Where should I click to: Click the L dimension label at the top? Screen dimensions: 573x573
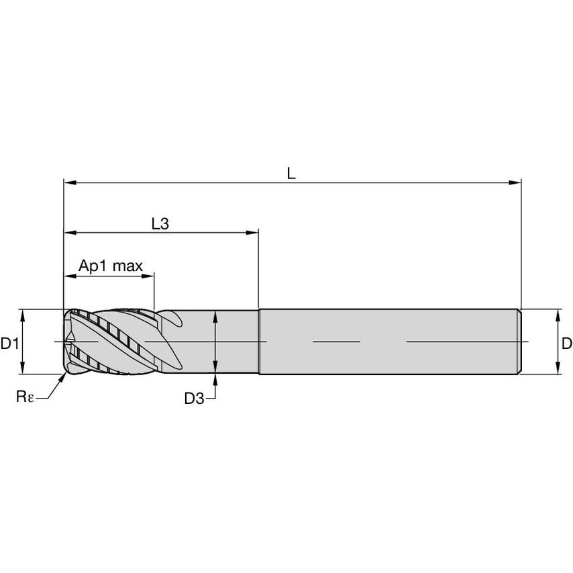pos(291,173)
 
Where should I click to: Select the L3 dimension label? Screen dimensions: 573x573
pos(160,223)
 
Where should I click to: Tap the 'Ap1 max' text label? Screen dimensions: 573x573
pos(111,266)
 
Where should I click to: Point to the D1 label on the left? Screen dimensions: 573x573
pos(9,344)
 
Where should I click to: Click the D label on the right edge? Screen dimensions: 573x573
pos(567,344)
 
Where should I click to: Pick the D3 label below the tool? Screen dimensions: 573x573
pos(194,399)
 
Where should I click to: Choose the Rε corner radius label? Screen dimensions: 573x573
pos(25,396)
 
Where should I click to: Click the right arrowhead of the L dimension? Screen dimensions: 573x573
pos(515,183)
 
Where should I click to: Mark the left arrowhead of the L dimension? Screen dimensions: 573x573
pos(70,183)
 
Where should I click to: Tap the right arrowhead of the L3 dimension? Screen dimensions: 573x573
pos(252,232)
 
